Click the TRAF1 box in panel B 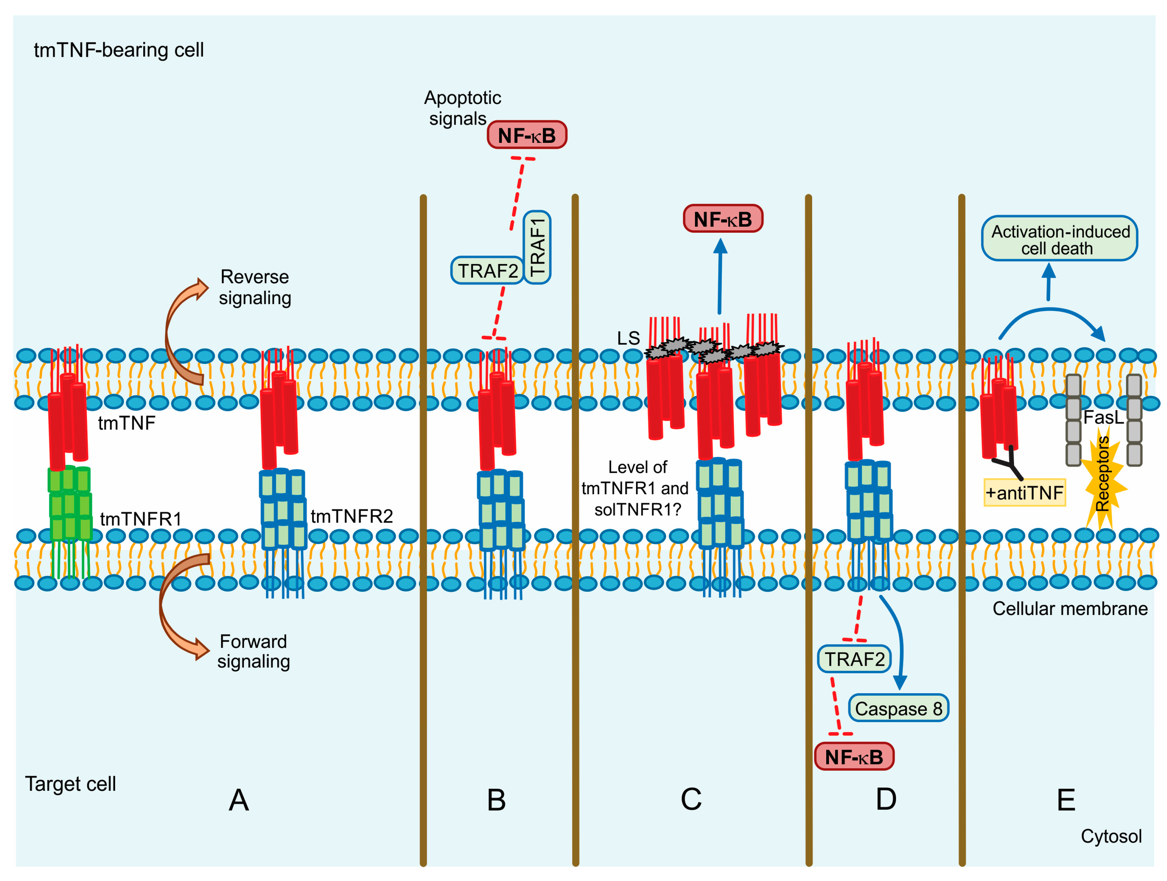pyautogui.click(x=537, y=247)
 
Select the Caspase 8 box pyautogui.click(x=899, y=708)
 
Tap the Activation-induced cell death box pyautogui.click(x=1059, y=238)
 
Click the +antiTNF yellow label pyautogui.click(x=1025, y=493)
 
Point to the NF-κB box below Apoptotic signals pyautogui.click(x=526, y=135)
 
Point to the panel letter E pyautogui.click(x=1066, y=800)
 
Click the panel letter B pyautogui.click(x=496, y=800)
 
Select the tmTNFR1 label pyautogui.click(x=141, y=519)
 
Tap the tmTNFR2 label pyautogui.click(x=352, y=516)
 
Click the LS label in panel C pyautogui.click(x=628, y=338)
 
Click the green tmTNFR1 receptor pyautogui.click(x=69, y=504)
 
